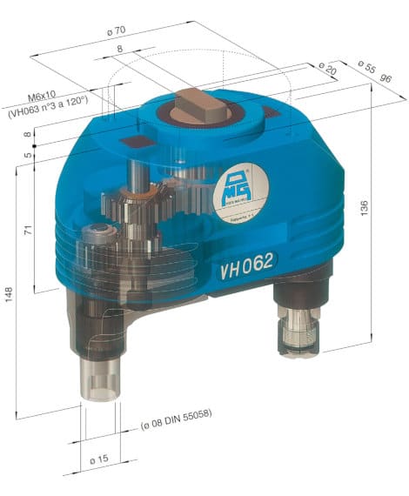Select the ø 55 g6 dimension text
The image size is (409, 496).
370,71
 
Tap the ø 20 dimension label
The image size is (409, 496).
328,67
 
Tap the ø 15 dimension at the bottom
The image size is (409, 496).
98,458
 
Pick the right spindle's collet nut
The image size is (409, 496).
298,335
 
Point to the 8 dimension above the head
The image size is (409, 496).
120,50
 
